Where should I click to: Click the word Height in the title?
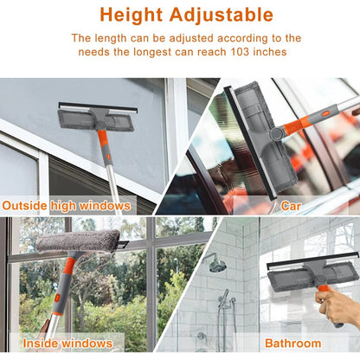[x=129, y=15]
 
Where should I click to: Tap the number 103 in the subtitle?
[x=240, y=53]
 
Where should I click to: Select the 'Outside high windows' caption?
[x=67, y=206]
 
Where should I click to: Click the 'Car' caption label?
[x=291, y=206]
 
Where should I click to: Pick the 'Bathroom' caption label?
[x=292, y=344]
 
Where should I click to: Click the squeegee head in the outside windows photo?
[x=97, y=116]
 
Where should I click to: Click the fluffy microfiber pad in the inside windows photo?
[x=77, y=241]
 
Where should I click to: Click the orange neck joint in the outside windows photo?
[x=102, y=136]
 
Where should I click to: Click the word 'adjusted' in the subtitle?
[x=180, y=38]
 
